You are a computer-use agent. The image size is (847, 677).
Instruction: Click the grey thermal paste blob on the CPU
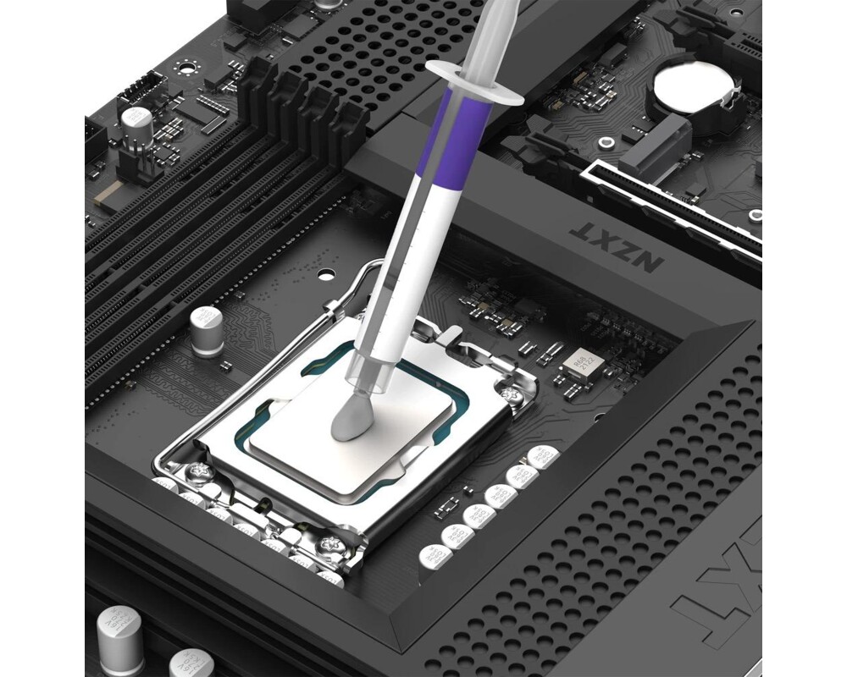point(350,416)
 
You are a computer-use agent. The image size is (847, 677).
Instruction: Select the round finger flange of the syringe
point(474,81)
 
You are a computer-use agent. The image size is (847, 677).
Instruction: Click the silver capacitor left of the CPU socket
point(206,329)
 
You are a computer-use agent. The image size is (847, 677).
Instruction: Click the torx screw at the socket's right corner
point(509,394)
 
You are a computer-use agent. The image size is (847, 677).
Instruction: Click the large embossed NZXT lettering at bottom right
point(724,584)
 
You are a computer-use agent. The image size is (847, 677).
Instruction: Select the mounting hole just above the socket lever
point(326,274)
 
